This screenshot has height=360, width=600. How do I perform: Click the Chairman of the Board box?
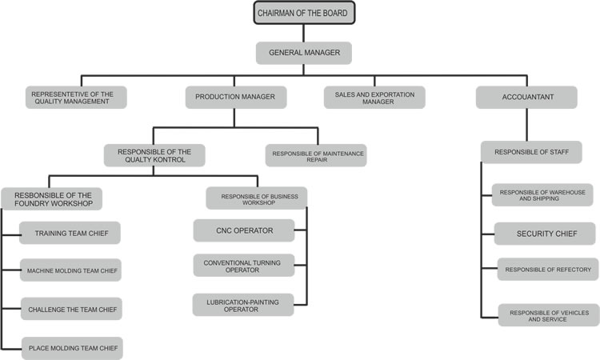point(304,13)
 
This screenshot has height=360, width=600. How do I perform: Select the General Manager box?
point(304,53)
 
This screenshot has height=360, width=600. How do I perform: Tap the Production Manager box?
point(235,97)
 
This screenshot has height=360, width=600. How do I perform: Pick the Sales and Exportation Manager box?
point(374,97)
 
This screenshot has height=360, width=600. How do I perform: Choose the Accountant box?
point(526,97)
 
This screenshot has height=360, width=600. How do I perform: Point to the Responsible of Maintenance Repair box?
point(316,154)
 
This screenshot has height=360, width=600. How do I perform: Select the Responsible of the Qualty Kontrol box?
point(154,154)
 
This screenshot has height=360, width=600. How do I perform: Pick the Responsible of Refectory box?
point(547,270)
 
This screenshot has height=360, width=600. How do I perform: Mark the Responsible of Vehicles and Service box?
point(547,314)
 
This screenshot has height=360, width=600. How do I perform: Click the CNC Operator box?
point(243,230)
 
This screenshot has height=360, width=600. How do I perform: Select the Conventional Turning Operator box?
point(243,266)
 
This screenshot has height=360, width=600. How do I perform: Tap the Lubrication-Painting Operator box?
point(243,305)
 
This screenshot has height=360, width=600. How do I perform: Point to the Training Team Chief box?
point(71,234)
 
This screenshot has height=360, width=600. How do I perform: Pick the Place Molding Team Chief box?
point(73,347)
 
